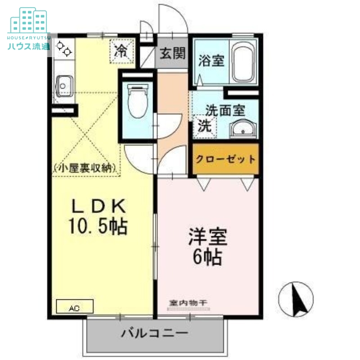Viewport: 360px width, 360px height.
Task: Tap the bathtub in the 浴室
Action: click(x=244, y=63)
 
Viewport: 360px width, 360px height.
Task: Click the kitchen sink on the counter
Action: click(x=64, y=84)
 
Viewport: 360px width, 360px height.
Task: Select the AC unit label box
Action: click(x=74, y=307)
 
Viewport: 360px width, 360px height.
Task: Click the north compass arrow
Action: click(x=297, y=298)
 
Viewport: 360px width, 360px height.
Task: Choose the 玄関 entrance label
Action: click(x=172, y=54)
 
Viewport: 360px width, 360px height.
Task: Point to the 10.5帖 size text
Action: click(x=98, y=226)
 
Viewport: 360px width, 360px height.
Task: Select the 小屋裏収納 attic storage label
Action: click(x=85, y=169)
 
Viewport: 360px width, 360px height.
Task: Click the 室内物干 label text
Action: click(x=188, y=302)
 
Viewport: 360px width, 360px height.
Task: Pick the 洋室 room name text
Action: click(x=207, y=237)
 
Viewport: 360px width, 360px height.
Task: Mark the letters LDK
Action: click(x=99, y=206)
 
